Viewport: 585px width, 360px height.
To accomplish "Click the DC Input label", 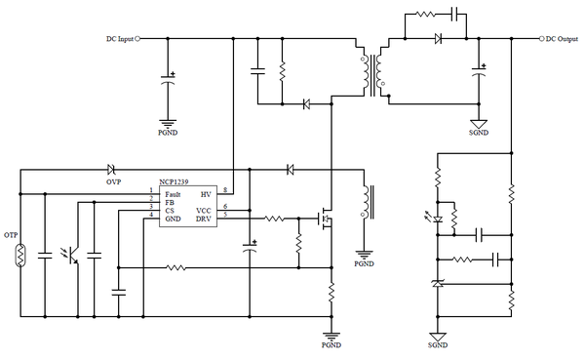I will [x=118, y=39].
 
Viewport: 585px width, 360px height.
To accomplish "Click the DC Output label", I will [x=564, y=39].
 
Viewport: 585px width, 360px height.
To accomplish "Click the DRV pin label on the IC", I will [x=203, y=219].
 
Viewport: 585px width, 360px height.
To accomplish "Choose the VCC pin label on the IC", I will [x=203, y=210].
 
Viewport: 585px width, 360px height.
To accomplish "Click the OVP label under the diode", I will [x=113, y=180].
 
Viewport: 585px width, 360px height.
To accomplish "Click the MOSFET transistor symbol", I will [x=327, y=219].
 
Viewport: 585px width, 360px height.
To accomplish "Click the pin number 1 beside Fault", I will [x=150, y=189].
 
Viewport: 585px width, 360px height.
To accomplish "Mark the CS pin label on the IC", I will [x=170, y=210].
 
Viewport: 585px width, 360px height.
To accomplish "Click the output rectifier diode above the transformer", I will [x=438, y=39].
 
